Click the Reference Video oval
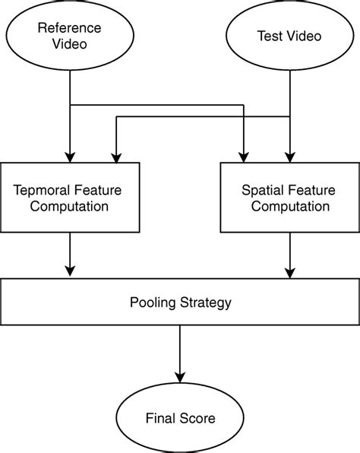tap(69, 34)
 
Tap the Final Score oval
tap(180, 418)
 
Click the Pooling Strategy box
tap(180, 303)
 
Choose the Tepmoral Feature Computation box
tap(70, 197)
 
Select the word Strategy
tap(204, 303)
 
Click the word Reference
tap(69, 27)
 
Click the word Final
tap(160, 418)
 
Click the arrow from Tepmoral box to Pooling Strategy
tap(70, 255)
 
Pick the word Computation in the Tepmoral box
tap(70, 205)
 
